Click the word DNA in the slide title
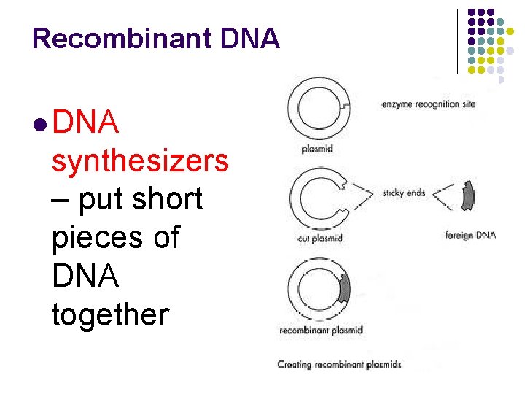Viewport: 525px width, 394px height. (252, 38)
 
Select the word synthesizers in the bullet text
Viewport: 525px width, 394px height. (140, 161)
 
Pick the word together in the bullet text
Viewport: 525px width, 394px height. (110, 315)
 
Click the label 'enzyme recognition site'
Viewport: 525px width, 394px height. (428, 104)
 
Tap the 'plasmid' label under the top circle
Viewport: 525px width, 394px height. (317, 149)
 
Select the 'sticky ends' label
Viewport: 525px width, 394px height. (403, 193)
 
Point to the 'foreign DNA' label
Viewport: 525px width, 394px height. (470, 235)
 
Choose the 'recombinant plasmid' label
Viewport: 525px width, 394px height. (321, 331)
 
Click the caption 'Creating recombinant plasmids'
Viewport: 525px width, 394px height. (339, 363)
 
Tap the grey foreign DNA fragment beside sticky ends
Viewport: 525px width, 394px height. (467, 196)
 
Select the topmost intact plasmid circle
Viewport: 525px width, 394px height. (319, 106)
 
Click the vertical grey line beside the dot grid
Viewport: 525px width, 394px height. (458, 41)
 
